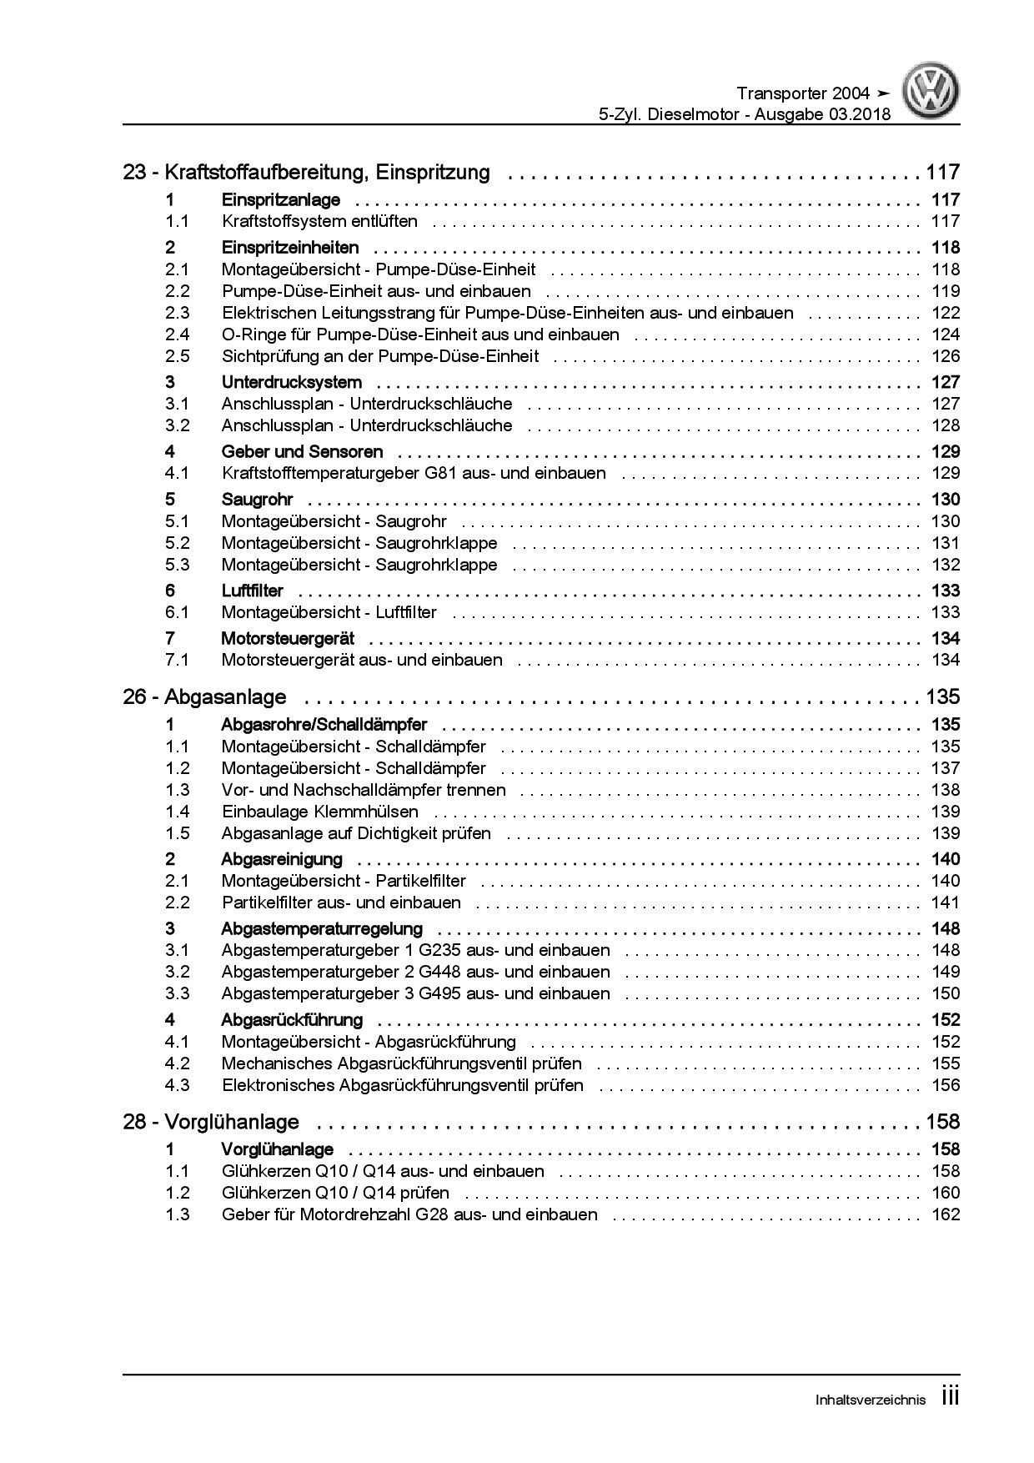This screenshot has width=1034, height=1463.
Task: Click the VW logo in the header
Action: tap(932, 93)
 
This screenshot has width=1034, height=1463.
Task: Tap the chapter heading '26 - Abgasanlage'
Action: tap(204, 696)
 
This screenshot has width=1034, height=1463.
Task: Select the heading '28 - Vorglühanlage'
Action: tap(211, 1122)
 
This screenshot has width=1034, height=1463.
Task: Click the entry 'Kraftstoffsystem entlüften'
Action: tap(319, 221)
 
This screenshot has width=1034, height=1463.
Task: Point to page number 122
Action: tap(946, 313)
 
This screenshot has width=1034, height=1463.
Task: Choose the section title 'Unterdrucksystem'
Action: tap(291, 382)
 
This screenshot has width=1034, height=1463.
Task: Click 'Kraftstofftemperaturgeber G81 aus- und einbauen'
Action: tap(414, 473)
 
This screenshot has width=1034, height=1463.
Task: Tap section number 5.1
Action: tap(177, 521)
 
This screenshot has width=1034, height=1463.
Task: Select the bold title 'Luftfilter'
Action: tap(252, 591)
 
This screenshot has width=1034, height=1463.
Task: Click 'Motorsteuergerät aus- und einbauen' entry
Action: tap(362, 660)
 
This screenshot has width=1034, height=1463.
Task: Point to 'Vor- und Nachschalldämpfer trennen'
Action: tap(364, 790)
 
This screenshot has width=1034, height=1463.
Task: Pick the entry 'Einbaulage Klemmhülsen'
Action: tap(320, 812)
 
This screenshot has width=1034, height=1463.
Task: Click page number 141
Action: tap(946, 902)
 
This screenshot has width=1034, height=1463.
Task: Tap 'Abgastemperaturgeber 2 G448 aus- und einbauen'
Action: tap(415, 972)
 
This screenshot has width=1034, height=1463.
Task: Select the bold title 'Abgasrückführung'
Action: tap(291, 1019)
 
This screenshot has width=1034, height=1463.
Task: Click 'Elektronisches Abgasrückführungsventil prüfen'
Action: tap(402, 1085)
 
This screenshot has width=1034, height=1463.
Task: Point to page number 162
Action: tap(946, 1214)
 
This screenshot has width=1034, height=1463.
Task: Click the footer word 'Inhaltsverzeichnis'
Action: tap(870, 1400)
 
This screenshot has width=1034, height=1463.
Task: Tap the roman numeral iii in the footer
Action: tap(950, 1397)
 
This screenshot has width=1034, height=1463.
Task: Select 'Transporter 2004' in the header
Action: tap(803, 93)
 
